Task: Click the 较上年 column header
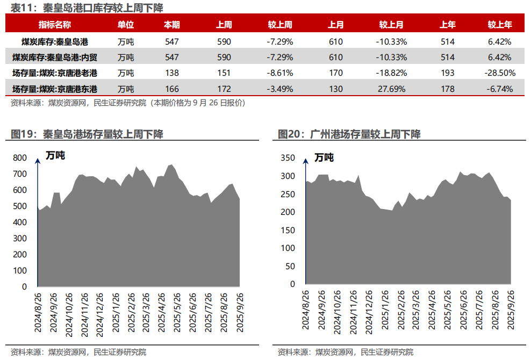[499, 25]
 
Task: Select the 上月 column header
[335, 25]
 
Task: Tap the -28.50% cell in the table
[499, 73]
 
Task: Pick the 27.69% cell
[391, 89]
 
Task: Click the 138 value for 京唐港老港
[171, 73]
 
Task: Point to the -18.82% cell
[391, 73]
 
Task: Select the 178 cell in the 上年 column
[447, 89]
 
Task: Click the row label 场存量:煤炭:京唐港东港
[55, 89]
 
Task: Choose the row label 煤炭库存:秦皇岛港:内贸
[55, 57]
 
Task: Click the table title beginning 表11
[87, 8]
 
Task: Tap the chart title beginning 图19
[87, 134]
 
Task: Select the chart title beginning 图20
[349, 134]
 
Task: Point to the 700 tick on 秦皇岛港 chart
[20, 174]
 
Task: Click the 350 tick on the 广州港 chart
[288, 158]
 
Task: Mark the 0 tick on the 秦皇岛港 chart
[24, 287]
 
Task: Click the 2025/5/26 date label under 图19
[177, 313]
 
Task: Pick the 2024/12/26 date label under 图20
[369, 312]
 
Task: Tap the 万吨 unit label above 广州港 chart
[324, 157]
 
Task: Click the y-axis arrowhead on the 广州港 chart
[305, 161]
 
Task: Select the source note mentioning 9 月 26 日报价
[128, 103]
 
